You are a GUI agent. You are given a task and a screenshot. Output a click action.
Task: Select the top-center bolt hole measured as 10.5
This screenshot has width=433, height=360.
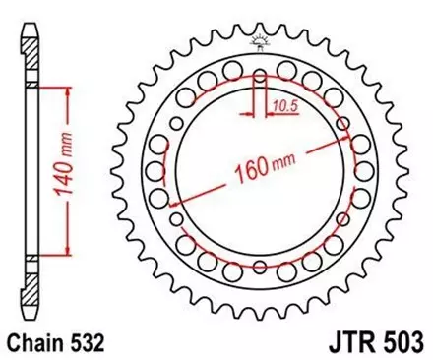(x=260, y=76)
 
